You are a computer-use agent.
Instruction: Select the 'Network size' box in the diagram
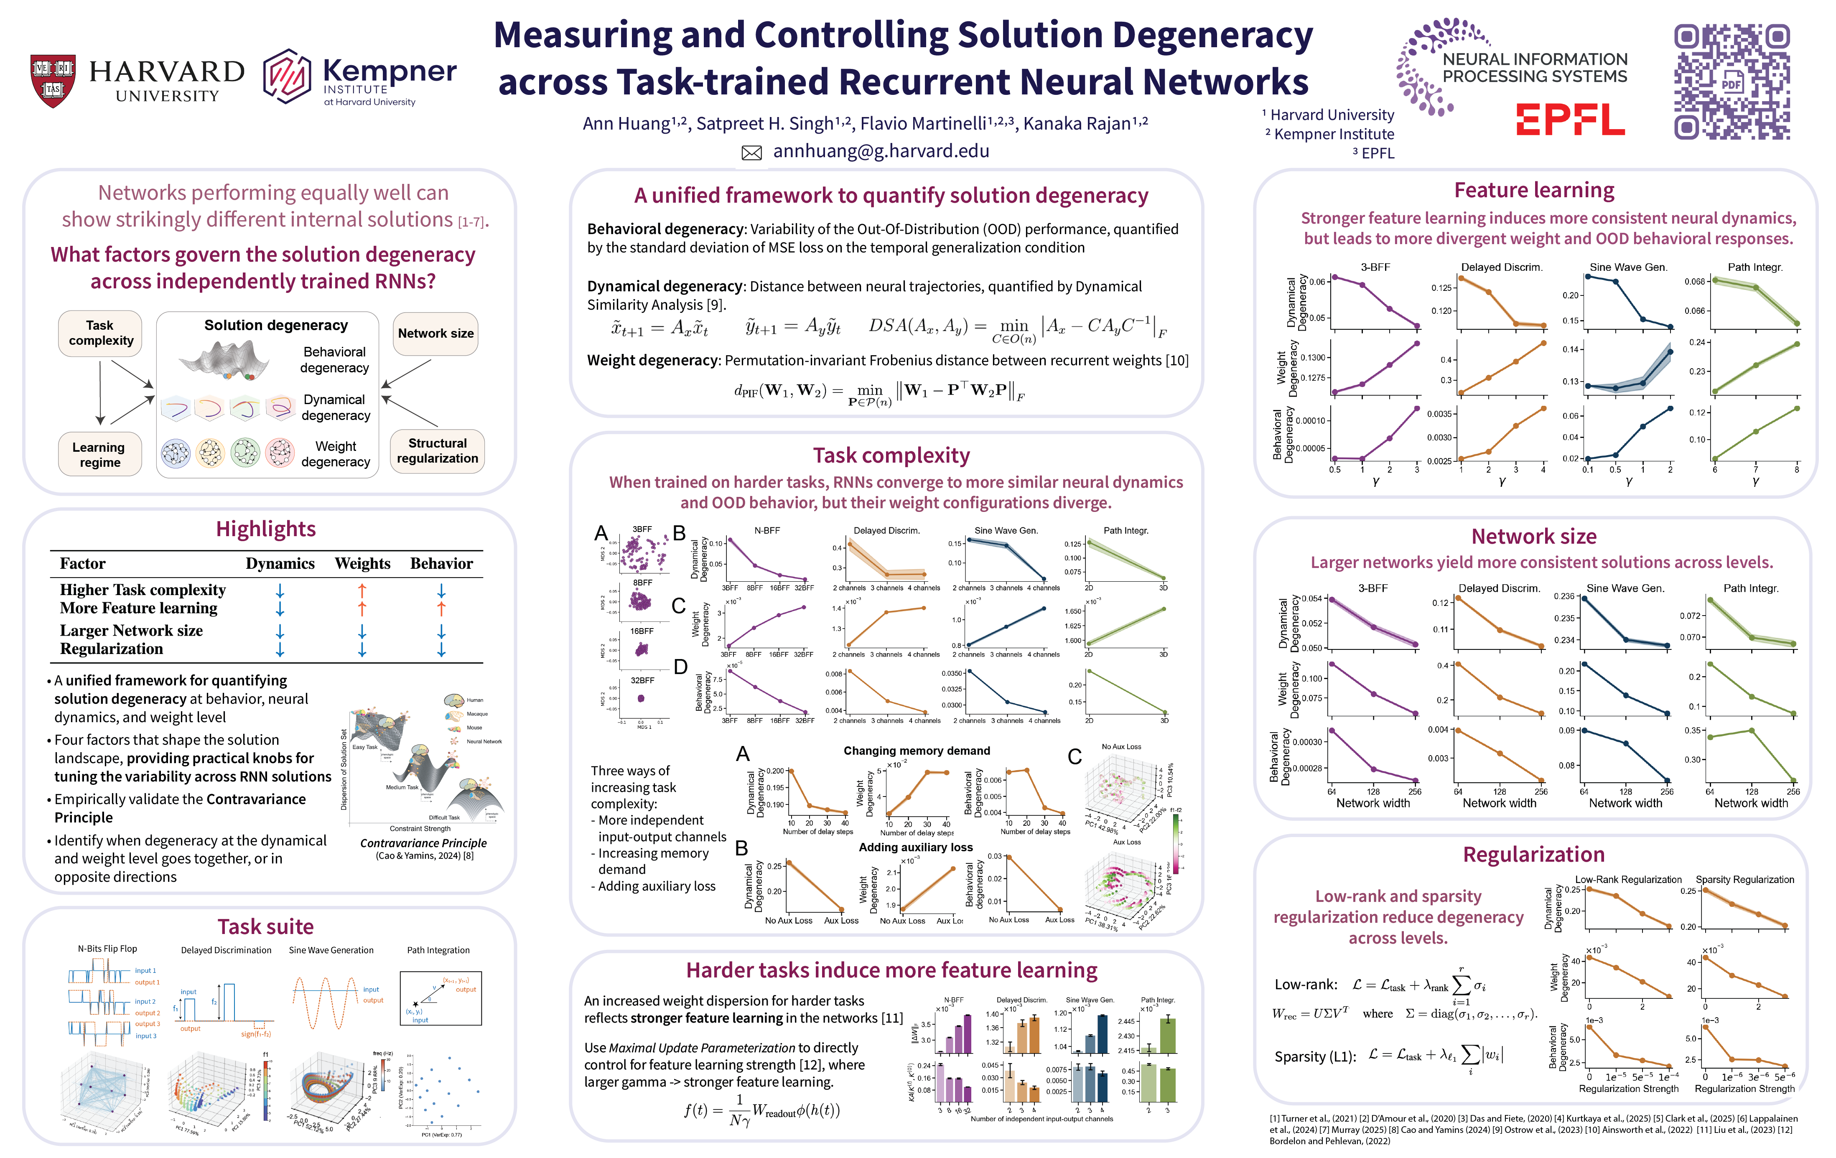coord(435,333)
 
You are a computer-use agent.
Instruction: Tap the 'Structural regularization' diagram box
coord(437,450)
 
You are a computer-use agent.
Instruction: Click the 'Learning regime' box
coord(100,454)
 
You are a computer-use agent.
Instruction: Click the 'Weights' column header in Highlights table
coord(362,563)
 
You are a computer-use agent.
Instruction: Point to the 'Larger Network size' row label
coord(131,631)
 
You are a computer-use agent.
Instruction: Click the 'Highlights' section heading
coord(265,529)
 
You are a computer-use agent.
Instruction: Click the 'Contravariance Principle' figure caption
coord(423,843)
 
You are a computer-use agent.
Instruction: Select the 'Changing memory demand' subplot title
coord(917,751)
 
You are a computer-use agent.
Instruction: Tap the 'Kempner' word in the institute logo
coord(390,71)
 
